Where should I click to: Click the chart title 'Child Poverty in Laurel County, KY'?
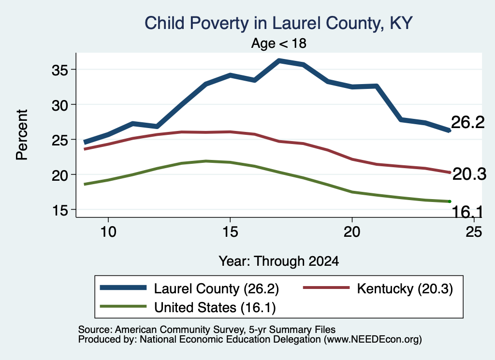click(x=278, y=23)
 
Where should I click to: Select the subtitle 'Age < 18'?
click(x=279, y=43)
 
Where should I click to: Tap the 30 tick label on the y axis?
click(x=59, y=105)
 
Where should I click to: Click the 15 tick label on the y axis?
click(x=59, y=210)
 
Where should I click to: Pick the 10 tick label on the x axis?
click(x=108, y=232)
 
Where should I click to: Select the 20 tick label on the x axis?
click(x=352, y=232)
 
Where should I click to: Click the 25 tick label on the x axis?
click(x=474, y=232)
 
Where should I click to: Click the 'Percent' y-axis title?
click(x=22, y=135)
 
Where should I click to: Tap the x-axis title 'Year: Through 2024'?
click(x=279, y=261)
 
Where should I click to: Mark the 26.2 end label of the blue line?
click(x=467, y=122)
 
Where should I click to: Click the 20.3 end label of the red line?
click(x=469, y=174)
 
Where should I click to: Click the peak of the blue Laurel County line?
click(x=279, y=60)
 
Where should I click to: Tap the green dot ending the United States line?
click(x=450, y=202)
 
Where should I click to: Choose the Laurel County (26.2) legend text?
click(x=217, y=288)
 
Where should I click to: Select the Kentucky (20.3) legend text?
click(x=405, y=288)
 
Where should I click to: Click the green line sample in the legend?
click(x=123, y=306)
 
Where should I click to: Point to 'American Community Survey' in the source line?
click(x=179, y=330)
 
